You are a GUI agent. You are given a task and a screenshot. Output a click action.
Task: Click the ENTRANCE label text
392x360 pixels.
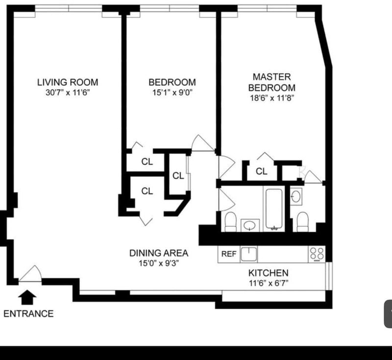tap(28, 313)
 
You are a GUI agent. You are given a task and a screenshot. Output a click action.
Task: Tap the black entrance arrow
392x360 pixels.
tap(27, 297)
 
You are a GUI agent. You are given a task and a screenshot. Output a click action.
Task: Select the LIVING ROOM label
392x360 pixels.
tap(68, 82)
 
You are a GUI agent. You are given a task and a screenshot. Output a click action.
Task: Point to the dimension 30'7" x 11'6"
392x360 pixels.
tap(68, 93)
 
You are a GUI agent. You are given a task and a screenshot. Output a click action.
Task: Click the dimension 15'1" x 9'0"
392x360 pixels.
tap(172, 93)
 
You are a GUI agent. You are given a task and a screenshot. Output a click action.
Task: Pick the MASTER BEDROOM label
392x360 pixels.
tap(272, 82)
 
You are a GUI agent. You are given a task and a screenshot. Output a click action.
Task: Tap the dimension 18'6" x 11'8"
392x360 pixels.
tap(272, 98)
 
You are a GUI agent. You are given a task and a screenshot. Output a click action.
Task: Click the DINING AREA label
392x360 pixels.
tap(159, 253)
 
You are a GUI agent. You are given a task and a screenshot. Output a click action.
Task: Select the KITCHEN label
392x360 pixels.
tap(268, 273)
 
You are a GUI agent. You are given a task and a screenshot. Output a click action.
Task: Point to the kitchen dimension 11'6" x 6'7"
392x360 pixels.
tap(269, 283)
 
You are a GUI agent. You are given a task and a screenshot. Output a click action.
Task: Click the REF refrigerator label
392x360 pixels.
tap(229, 254)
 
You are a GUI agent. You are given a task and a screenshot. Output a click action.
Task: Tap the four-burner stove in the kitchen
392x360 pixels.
tap(317, 254)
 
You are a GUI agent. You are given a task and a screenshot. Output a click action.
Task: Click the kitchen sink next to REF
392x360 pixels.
tap(248, 254)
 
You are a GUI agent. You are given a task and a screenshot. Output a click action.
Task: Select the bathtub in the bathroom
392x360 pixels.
tap(274, 209)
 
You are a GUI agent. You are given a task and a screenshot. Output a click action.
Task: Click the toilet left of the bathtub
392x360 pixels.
tap(230, 222)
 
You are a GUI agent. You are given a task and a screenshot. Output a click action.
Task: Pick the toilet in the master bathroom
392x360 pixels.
tap(302, 222)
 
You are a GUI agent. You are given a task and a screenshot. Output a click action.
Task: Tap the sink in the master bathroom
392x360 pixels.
tap(296, 196)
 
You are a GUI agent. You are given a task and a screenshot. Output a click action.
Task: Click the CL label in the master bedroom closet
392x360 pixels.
tap(262, 171)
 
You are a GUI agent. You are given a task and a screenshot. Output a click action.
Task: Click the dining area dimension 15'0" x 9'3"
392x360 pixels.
tap(159, 264)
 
